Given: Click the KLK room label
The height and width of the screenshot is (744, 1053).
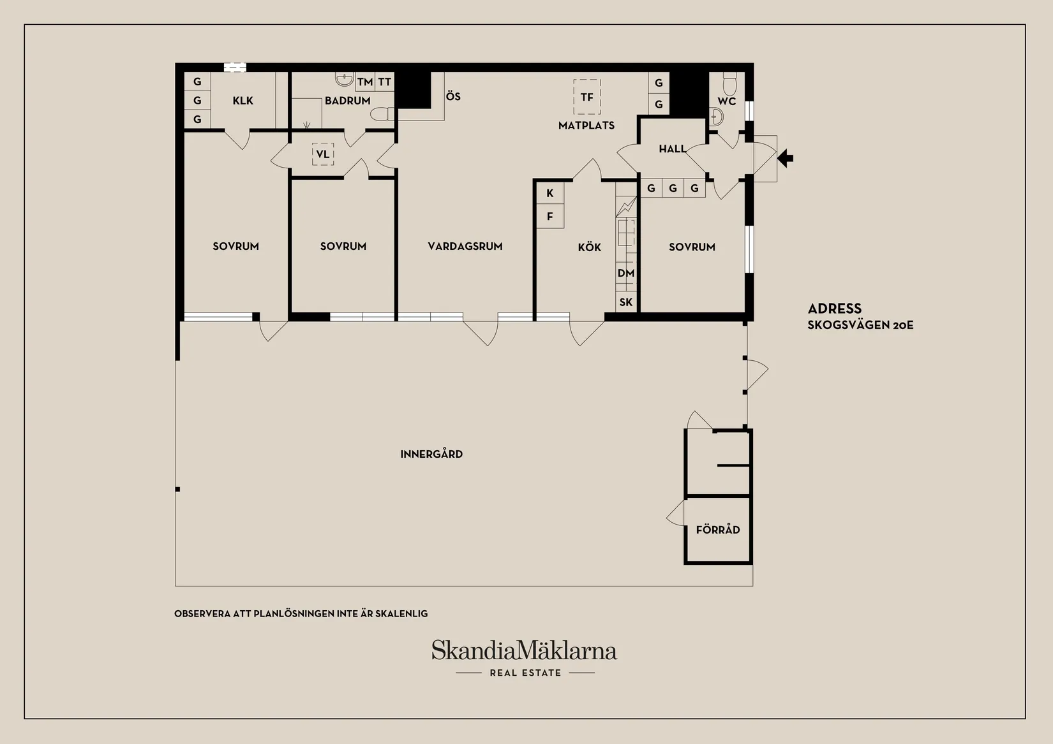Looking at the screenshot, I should pyautogui.click(x=243, y=101).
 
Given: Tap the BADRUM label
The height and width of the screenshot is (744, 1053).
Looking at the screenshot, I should pyautogui.click(x=347, y=101).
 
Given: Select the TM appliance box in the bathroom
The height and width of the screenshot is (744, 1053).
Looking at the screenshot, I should pyautogui.click(x=364, y=82).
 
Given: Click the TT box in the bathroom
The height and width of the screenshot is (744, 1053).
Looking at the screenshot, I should pyautogui.click(x=384, y=82).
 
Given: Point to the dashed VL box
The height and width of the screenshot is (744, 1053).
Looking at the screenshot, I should pyautogui.click(x=323, y=154).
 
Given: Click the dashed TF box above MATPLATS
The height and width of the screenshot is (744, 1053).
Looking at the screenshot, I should pyautogui.click(x=586, y=97).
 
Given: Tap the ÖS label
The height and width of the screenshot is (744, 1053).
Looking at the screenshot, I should pyautogui.click(x=453, y=96).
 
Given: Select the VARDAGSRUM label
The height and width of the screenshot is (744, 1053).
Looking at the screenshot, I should pyautogui.click(x=465, y=246).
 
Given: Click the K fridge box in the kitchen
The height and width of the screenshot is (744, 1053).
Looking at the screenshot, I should pyautogui.click(x=549, y=193).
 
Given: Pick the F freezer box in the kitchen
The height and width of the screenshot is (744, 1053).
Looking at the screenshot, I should pyautogui.click(x=549, y=217).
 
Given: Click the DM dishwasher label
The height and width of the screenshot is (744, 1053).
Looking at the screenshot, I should pyautogui.click(x=625, y=274).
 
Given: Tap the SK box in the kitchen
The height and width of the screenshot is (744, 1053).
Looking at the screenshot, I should pyautogui.click(x=626, y=302).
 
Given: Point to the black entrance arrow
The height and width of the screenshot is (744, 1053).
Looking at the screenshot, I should pyautogui.click(x=786, y=158).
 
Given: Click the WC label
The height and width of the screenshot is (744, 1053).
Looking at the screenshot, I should pyautogui.click(x=726, y=101).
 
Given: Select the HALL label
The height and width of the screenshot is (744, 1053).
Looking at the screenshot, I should pyautogui.click(x=672, y=149).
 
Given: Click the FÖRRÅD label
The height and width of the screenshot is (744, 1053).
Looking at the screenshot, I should pyautogui.click(x=718, y=530).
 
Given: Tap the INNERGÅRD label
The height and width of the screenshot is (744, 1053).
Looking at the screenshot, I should pyautogui.click(x=431, y=454).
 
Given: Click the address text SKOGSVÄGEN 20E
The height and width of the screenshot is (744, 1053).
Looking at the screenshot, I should pyautogui.click(x=860, y=325).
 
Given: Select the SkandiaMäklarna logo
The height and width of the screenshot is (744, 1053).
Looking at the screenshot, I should pyautogui.click(x=524, y=651).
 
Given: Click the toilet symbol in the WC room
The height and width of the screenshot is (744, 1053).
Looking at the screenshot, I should pyautogui.click(x=729, y=83).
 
